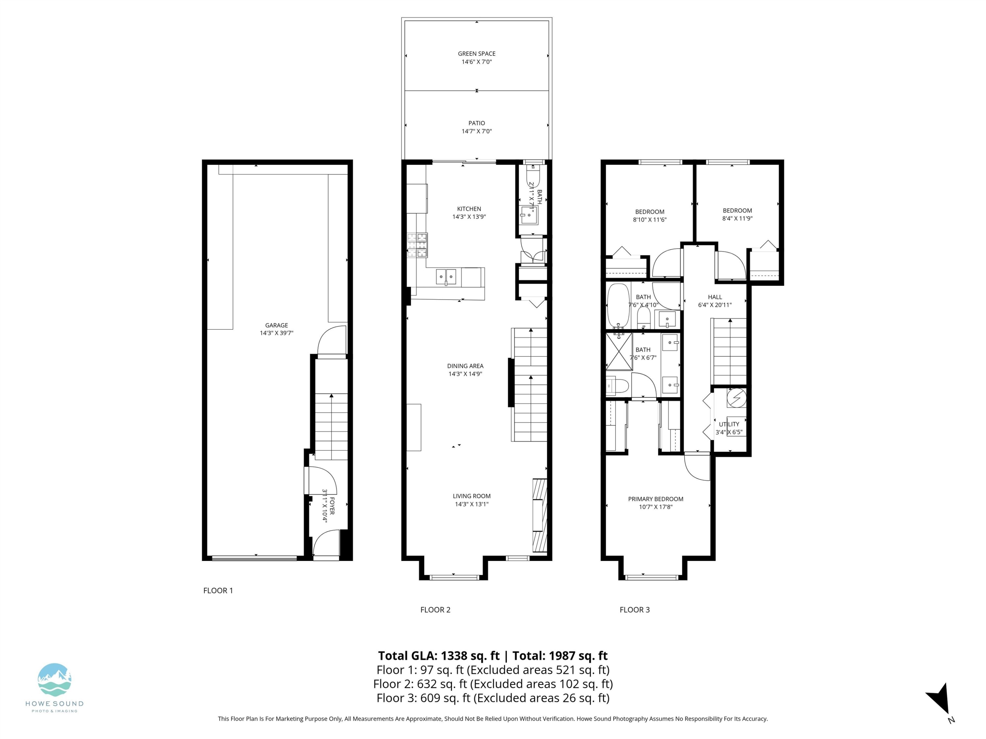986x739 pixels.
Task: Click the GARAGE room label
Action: [x=276, y=325]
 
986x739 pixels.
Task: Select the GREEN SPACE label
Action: [x=477, y=54]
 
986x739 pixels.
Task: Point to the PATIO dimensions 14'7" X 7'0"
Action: [x=477, y=131]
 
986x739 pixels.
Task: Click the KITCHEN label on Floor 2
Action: [x=469, y=209]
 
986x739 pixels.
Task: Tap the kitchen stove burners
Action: [x=417, y=245]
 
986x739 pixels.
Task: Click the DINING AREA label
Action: [x=465, y=366]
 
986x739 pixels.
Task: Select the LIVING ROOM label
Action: [x=472, y=496]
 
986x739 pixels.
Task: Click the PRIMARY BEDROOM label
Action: [x=656, y=499]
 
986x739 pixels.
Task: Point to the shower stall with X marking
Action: [x=619, y=351]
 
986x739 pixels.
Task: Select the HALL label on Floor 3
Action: [x=715, y=297]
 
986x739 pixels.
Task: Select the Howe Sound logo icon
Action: [x=54, y=679]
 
